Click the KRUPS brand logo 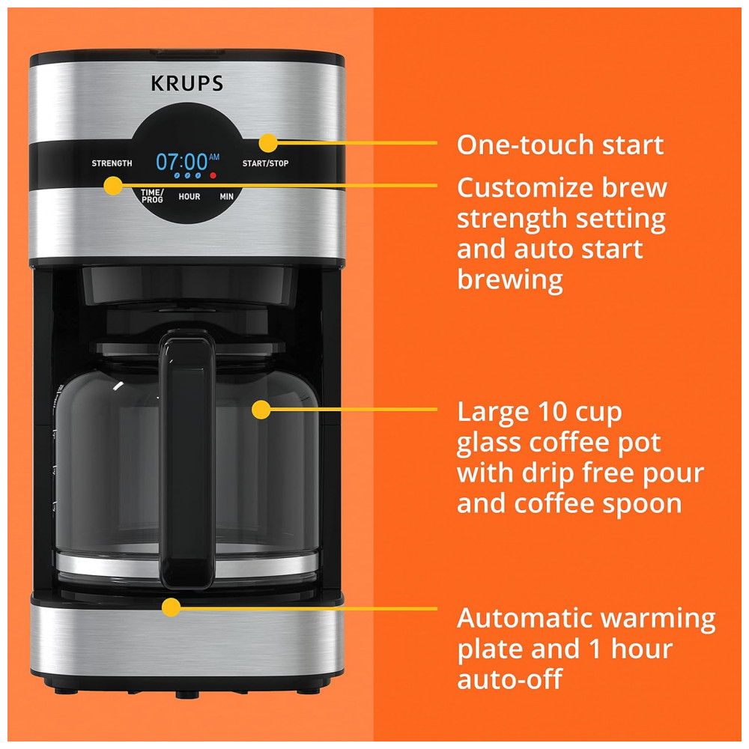187,84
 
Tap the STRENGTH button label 112,163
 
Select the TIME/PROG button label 152,195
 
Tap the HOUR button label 189,196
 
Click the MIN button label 226,196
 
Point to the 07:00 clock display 181,162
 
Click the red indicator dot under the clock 213,175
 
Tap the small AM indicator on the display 214,157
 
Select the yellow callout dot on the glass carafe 261,410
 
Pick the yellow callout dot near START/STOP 268,143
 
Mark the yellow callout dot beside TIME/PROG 113,185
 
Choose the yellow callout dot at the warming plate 171,607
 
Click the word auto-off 509,679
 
